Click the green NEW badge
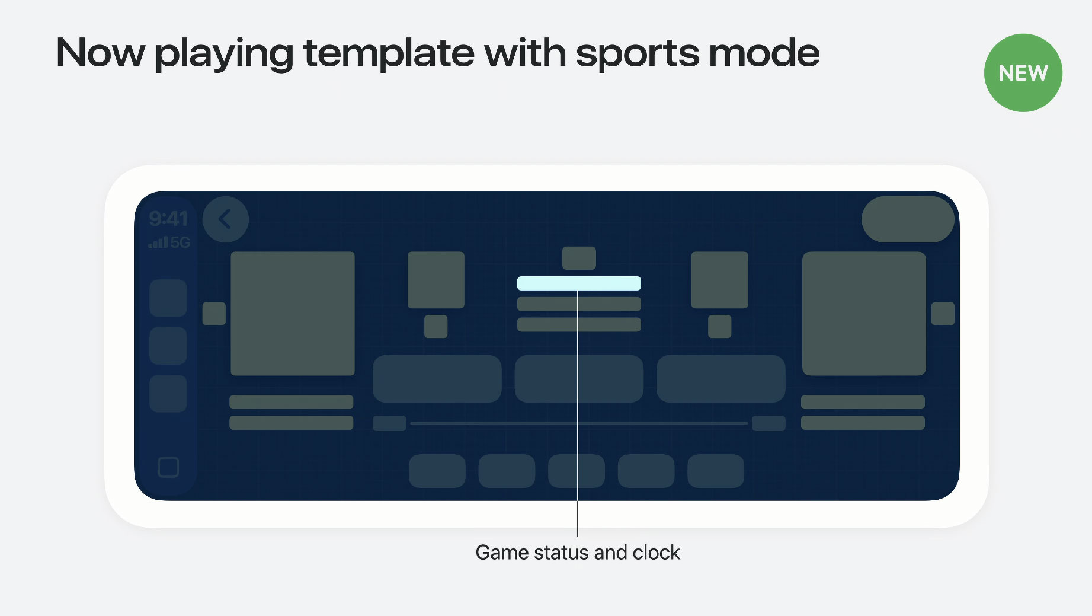click(1023, 73)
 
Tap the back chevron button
click(226, 219)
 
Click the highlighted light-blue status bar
click(579, 283)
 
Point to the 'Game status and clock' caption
click(578, 553)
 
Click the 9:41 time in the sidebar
click(168, 219)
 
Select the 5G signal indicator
click(169, 242)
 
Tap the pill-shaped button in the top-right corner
click(908, 219)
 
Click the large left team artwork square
click(293, 314)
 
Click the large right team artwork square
click(864, 314)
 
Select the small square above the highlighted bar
click(579, 258)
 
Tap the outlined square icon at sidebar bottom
click(168, 467)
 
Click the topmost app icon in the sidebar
click(168, 298)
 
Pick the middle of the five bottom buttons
click(577, 471)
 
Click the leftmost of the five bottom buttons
click(437, 471)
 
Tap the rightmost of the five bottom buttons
click(716, 471)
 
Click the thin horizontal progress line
click(579, 423)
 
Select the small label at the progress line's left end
click(389, 423)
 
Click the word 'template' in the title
click(389, 53)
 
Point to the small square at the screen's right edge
click(943, 314)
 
